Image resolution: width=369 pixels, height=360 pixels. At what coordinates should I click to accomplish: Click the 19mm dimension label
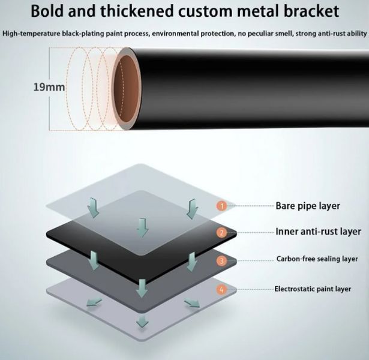[49, 87]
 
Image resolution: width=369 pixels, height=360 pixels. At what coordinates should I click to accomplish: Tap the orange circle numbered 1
[221, 206]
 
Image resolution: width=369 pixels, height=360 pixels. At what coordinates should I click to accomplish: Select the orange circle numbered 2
[221, 233]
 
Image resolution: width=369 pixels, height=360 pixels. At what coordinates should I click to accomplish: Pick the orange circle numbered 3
[221, 261]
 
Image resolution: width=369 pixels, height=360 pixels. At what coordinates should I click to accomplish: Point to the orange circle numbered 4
[221, 289]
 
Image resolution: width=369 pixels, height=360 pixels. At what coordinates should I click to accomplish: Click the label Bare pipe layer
[308, 206]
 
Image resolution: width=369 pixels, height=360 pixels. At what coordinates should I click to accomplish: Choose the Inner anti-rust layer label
[318, 232]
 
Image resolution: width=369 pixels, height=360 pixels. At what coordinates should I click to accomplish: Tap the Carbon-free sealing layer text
[317, 259]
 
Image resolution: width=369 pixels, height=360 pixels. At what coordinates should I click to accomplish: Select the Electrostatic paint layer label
[313, 289]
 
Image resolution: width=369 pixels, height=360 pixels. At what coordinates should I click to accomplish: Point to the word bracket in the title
[311, 11]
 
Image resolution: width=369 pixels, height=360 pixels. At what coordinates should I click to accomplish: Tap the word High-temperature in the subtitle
[31, 34]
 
